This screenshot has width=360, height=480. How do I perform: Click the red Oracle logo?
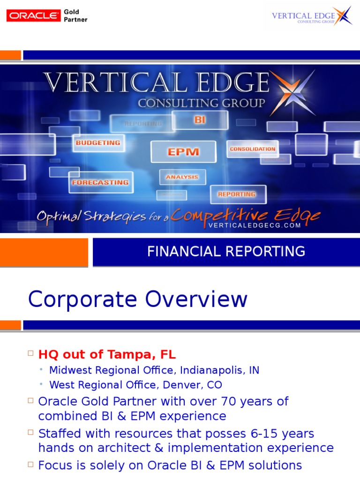(x=33, y=15)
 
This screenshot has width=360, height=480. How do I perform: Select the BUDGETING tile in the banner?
(x=98, y=142)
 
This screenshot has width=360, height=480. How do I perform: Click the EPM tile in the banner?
(x=183, y=152)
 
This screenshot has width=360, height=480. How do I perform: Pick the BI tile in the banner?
(x=200, y=120)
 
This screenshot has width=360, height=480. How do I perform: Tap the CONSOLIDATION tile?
(x=252, y=149)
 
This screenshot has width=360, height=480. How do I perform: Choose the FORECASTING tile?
(x=100, y=182)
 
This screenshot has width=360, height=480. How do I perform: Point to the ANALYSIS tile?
(x=182, y=177)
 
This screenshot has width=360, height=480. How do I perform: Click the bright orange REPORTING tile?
(x=237, y=194)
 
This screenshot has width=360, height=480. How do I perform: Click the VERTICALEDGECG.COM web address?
(x=254, y=225)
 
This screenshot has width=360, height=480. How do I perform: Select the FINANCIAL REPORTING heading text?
(x=226, y=252)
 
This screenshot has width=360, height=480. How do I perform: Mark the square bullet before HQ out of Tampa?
(x=31, y=353)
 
